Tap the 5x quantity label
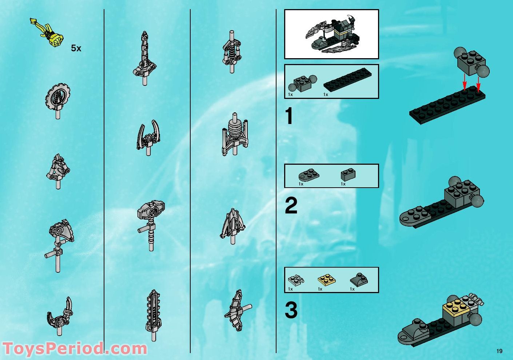[x=76, y=48]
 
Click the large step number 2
[x=291, y=206]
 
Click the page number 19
[x=499, y=351]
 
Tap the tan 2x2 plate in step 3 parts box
[x=326, y=280]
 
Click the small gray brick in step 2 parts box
[x=348, y=175]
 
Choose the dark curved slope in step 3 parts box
[x=358, y=280]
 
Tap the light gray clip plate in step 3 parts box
[x=295, y=280]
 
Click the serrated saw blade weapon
[x=153, y=313]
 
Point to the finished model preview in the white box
[x=331, y=34]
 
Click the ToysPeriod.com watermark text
[x=75, y=348]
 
